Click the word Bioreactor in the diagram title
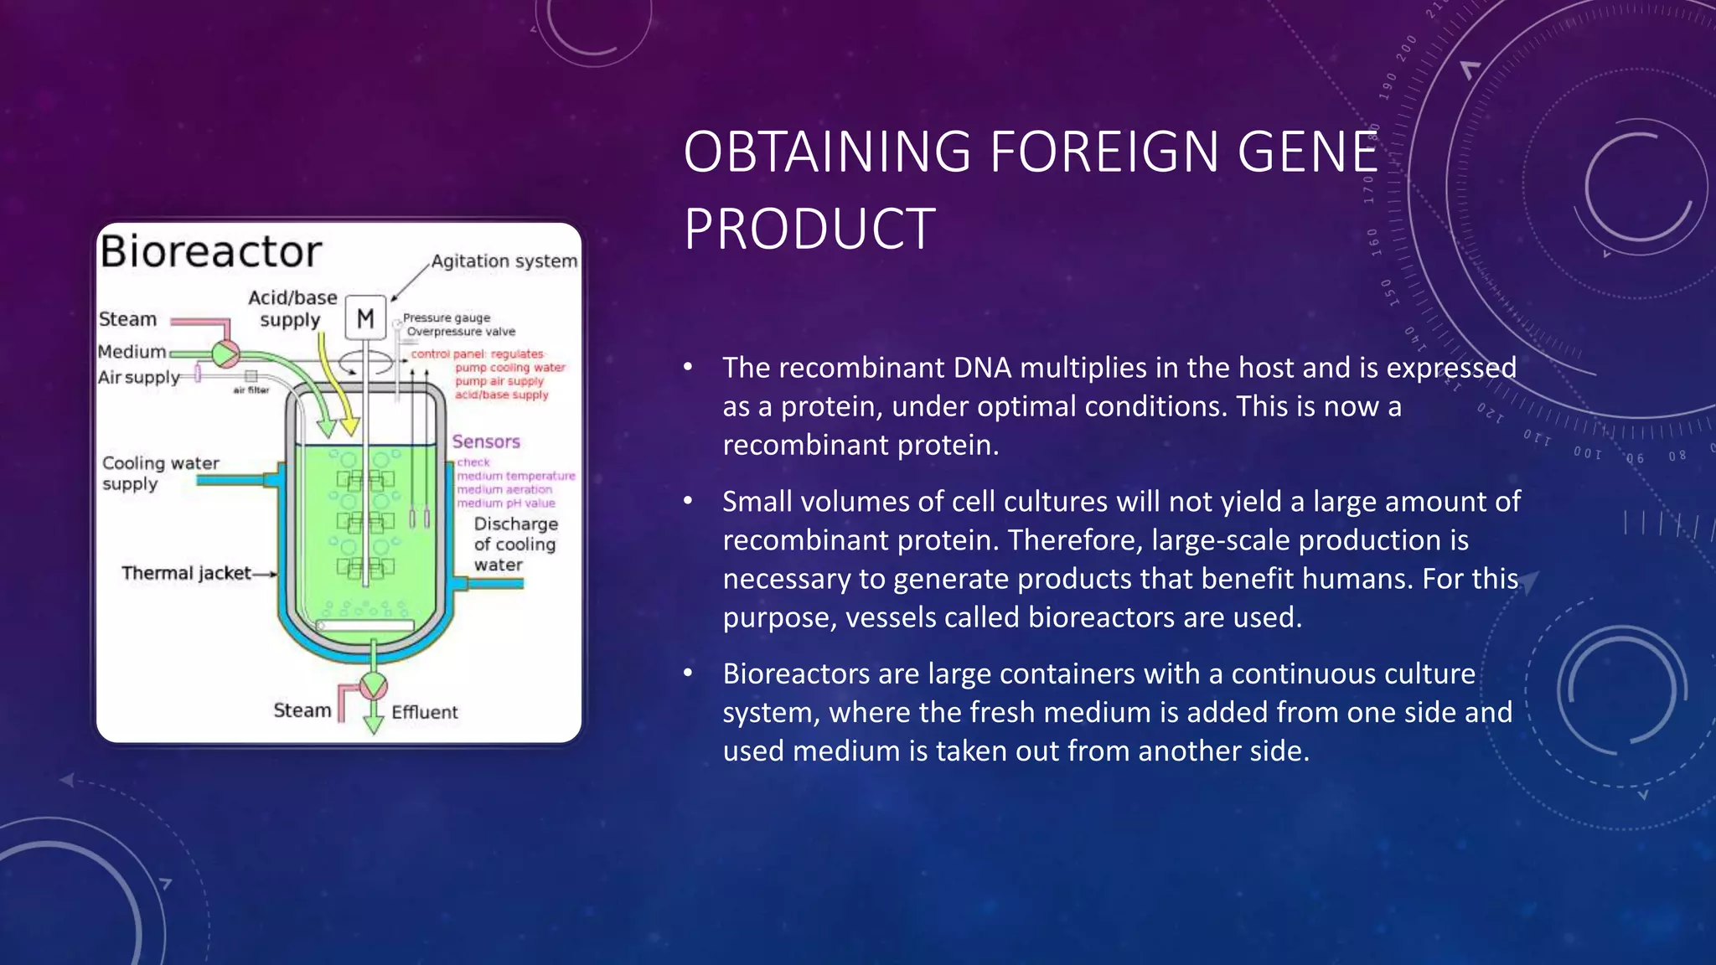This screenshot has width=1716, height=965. [210, 251]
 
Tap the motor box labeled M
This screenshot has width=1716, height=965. [365, 317]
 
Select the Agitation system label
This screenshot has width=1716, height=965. [504, 261]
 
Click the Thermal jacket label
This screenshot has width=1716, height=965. [186, 573]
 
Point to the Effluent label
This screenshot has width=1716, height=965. [424, 712]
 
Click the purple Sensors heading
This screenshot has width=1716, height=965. [486, 441]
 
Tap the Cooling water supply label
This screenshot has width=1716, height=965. [159, 473]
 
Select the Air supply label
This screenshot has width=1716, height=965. [138, 377]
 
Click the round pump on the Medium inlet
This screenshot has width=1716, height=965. [225, 354]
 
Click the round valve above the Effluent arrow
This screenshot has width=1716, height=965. [373, 686]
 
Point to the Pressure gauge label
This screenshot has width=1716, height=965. [446, 317]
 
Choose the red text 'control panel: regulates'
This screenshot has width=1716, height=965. [477, 353]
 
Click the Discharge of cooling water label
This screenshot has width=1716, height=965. [515, 544]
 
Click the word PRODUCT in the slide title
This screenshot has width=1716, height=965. [809, 229]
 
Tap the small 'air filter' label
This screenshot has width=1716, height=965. [251, 390]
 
